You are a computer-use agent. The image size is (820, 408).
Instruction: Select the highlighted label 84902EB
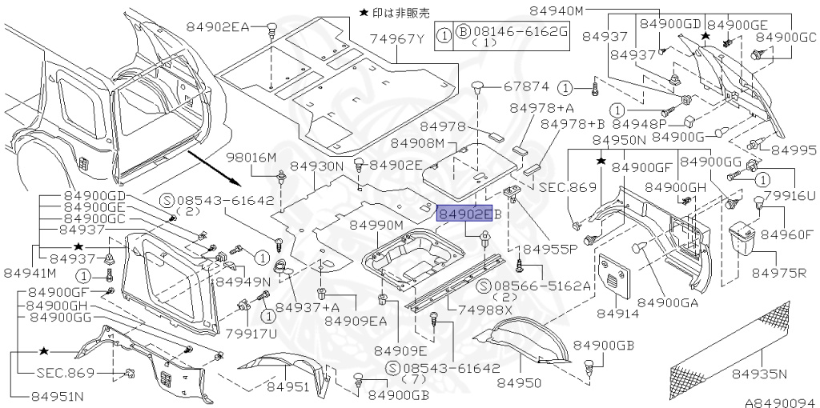(x=468, y=213)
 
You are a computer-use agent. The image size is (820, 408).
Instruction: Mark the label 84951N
(x=58, y=394)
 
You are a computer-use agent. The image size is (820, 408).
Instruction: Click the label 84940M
(x=558, y=10)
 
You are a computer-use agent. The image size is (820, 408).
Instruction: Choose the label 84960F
(x=786, y=234)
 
